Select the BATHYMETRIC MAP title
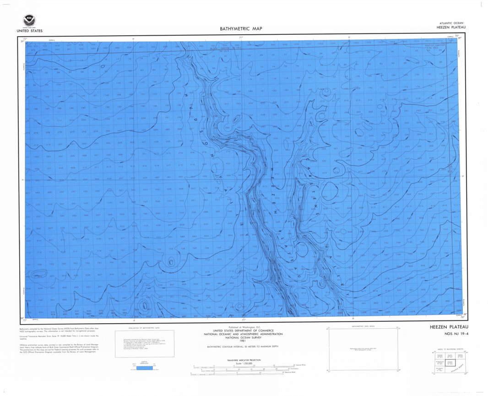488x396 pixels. (x=241, y=28)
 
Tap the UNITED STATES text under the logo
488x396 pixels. (x=29, y=31)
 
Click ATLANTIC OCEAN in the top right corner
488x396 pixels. (x=451, y=23)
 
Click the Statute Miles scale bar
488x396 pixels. (x=243, y=366)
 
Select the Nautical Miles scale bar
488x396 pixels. (x=243, y=373)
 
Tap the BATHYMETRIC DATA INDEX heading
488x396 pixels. (x=364, y=326)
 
